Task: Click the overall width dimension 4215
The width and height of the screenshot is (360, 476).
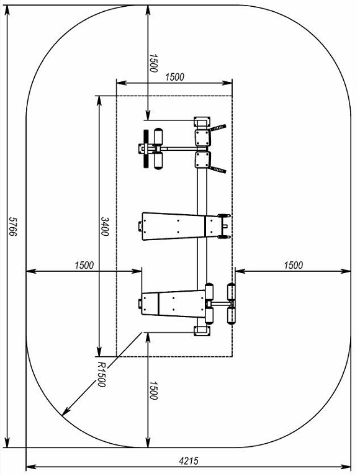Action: point(189,461)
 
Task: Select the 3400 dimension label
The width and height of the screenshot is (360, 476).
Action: point(105,227)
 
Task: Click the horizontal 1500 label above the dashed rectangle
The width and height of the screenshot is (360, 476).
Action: point(174,77)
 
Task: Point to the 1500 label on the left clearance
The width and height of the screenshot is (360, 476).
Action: point(84,266)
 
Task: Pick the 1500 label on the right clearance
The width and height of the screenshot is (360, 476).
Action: point(293,266)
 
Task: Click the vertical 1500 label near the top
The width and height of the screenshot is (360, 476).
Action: point(153,63)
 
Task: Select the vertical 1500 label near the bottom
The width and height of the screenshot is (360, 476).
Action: point(153,391)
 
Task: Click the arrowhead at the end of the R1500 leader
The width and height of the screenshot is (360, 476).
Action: point(65,411)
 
